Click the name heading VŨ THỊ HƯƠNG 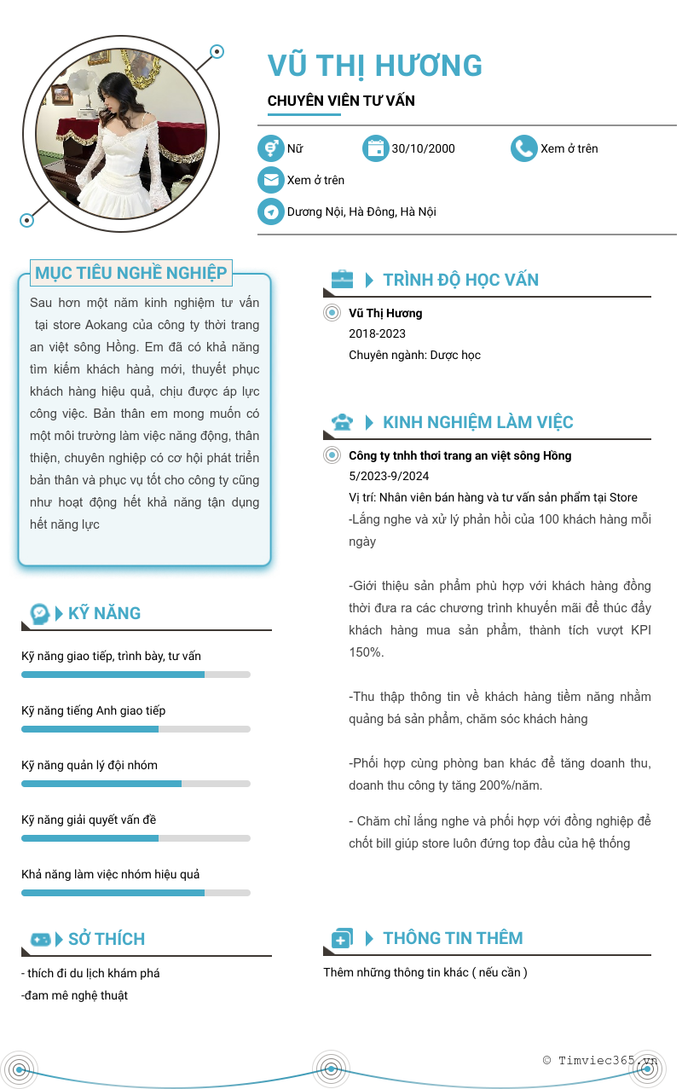click(375, 66)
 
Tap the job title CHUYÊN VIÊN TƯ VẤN click(341, 101)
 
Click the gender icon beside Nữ click(271, 148)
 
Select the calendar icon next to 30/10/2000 click(375, 148)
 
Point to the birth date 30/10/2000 click(423, 148)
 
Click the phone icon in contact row click(523, 148)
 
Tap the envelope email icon click(271, 180)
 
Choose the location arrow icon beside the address click(271, 211)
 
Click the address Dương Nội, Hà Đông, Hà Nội click(361, 211)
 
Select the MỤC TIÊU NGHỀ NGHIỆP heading click(131, 273)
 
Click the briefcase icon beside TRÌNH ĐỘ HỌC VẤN click(342, 279)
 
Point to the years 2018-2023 click(377, 333)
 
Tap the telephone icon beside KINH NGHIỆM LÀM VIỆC click(342, 421)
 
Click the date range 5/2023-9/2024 click(389, 476)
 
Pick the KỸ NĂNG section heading click(104, 613)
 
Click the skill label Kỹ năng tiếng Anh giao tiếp click(93, 710)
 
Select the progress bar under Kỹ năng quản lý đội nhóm click(136, 784)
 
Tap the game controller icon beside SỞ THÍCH click(40, 939)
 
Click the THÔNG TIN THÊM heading click(453, 938)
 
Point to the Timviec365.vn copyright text click(600, 1060)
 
